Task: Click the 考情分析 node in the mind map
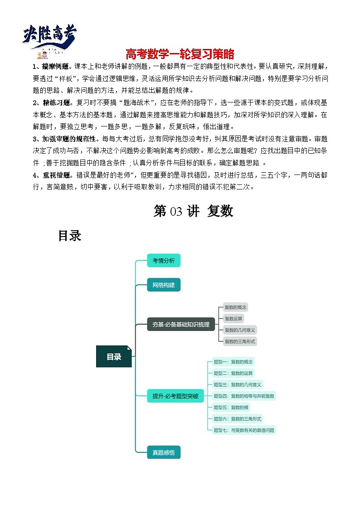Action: (164, 260)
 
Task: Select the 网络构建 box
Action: (164, 285)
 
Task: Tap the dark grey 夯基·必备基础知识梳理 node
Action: (181, 324)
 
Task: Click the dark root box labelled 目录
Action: (114, 357)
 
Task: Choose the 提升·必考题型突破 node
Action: (175, 396)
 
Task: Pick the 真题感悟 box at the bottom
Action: (164, 452)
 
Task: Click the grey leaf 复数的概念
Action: (236, 307)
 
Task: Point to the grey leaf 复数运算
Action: (234, 319)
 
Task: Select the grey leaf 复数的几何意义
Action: (240, 330)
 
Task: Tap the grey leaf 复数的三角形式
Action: (240, 341)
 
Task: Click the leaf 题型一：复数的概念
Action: (233, 362)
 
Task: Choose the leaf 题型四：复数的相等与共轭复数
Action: (244, 396)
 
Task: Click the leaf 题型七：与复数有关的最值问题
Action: (244, 430)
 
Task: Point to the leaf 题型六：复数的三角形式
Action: (238, 419)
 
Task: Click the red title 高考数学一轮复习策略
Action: (180, 54)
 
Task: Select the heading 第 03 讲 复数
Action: (193, 211)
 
